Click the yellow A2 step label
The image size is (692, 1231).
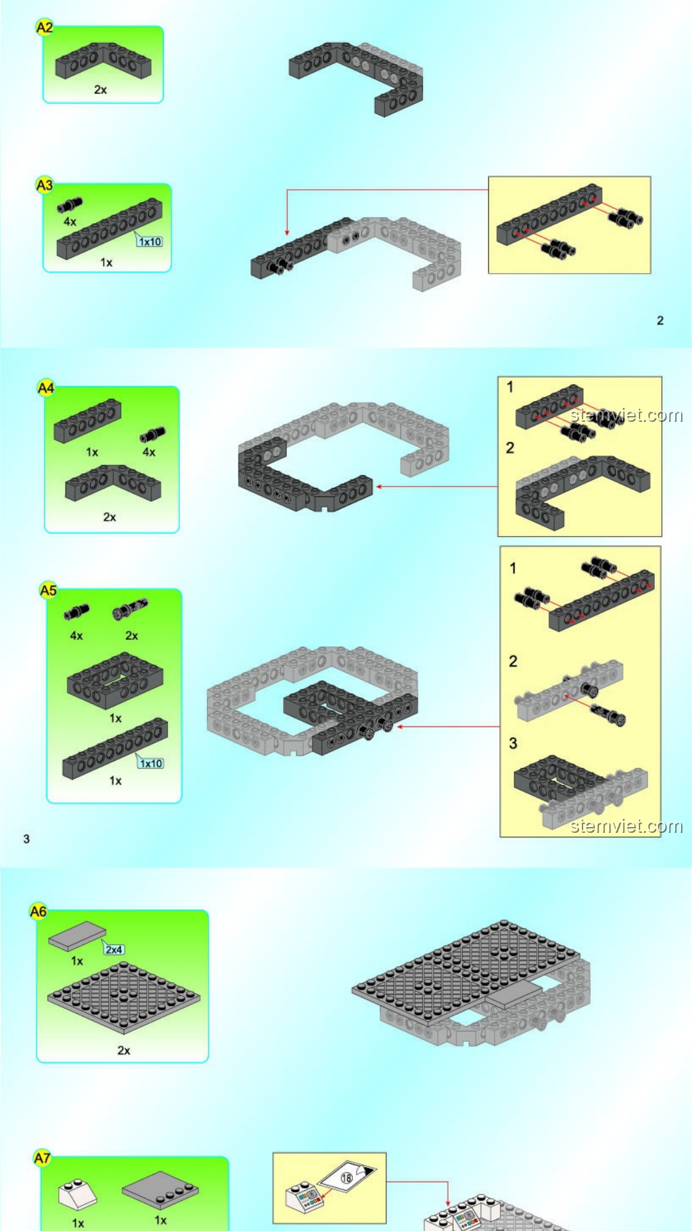pos(44,28)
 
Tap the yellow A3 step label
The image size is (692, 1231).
pos(44,185)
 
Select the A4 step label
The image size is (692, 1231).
pos(46,388)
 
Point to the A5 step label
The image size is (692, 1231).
pos(49,590)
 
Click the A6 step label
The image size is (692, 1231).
pos(38,911)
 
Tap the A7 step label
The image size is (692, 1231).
pos(42,1158)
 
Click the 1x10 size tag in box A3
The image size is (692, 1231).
pos(150,242)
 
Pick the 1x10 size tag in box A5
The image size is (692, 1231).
pos(151,763)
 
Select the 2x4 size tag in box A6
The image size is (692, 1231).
pos(114,950)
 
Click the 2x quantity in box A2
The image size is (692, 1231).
pos(101,90)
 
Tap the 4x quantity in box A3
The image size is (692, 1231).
pos(70,222)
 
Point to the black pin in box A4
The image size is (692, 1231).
pos(152,435)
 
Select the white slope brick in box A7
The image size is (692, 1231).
pos(77,1194)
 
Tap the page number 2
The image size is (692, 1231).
pos(660,321)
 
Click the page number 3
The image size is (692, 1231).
pos(26,839)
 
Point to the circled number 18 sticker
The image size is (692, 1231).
pos(347,1177)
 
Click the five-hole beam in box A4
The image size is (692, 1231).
pos(87,421)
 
